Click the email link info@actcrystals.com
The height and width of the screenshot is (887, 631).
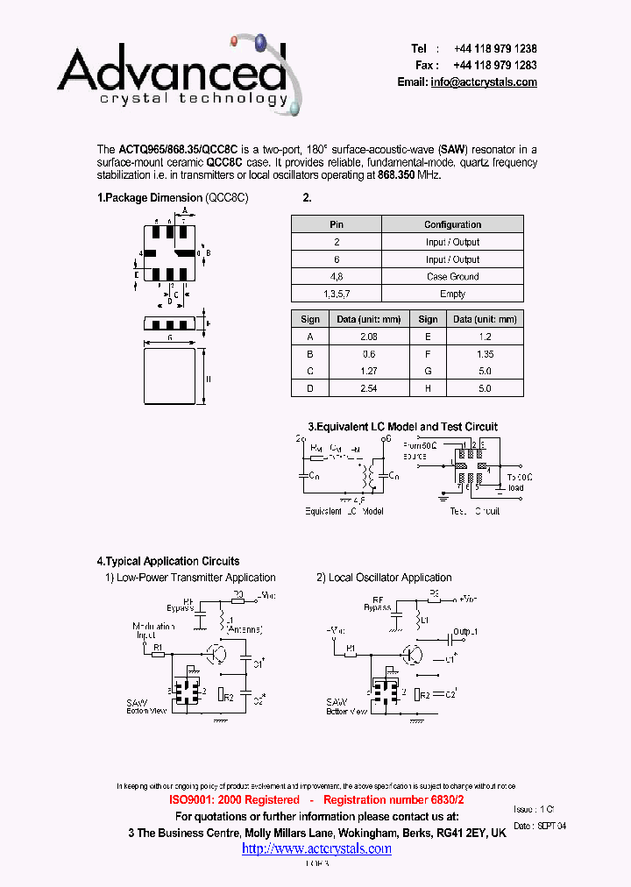[484, 82]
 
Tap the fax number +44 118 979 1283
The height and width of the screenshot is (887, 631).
[495, 65]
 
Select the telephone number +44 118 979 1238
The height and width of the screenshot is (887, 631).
[495, 49]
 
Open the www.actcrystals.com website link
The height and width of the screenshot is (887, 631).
[316, 848]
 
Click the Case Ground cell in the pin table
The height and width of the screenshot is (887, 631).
[452, 276]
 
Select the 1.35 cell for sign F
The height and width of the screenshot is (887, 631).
[485, 354]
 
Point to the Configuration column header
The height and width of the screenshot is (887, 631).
[452, 224]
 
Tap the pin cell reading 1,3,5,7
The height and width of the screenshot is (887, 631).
[336, 294]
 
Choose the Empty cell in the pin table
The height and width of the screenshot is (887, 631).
[452, 294]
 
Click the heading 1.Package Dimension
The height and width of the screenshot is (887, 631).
[150, 198]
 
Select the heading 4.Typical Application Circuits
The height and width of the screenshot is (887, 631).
[167, 561]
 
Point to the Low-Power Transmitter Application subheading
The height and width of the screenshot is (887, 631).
[196, 578]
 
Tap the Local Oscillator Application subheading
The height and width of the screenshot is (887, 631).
[390, 578]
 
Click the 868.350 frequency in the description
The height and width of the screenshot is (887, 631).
[396, 175]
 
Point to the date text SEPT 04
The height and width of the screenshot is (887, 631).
[551, 827]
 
